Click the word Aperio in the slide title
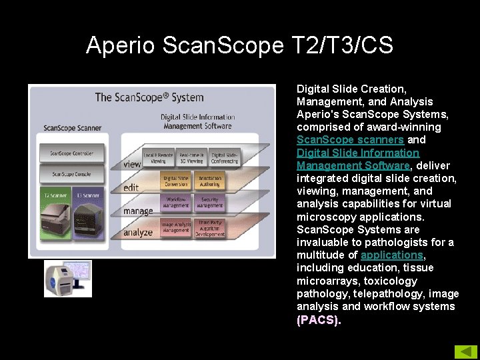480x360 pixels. [121, 45]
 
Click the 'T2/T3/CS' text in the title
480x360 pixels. [343, 45]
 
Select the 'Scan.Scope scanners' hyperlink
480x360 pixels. [350, 140]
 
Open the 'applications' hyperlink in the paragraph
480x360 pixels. [392, 255]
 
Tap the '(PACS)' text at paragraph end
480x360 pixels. [318, 319]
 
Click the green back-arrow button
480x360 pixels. [465, 351]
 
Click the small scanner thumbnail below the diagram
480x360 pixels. [68, 279]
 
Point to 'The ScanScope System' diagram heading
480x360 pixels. [149, 97]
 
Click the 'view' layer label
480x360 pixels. [132, 164]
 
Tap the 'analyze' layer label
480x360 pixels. [137, 233]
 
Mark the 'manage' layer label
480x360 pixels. [138, 211]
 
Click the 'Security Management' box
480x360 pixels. [209, 202]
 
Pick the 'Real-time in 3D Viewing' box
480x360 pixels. [191, 158]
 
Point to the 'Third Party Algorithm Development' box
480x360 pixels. [210, 228]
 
